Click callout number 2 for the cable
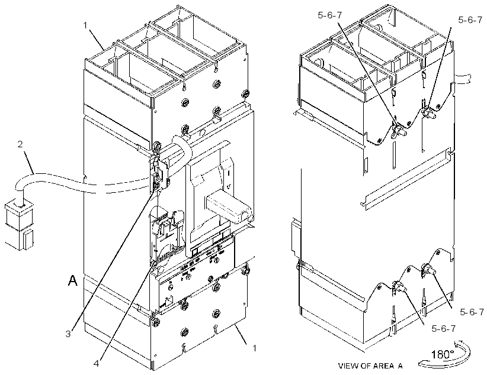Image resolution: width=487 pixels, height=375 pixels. pyautogui.click(x=20, y=144)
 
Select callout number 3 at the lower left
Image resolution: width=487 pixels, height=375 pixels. pyautogui.click(x=68, y=334)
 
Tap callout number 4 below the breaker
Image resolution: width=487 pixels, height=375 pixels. pyautogui.click(x=97, y=363)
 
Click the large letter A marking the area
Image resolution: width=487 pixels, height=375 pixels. pyautogui.click(x=73, y=281)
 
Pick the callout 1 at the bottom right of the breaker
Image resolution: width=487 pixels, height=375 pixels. pyautogui.click(x=254, y=348)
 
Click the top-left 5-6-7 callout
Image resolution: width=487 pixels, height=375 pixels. pyautogui.click(x=330, y=15)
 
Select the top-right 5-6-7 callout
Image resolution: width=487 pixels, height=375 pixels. pyautogui.click(x=470, y=20)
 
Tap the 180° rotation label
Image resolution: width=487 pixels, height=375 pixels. pyautogui.click(x=443, y=354)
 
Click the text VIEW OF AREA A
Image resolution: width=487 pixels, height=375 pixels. pyautogui.click(x=370, y=366)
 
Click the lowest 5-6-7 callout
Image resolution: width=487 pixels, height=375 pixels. pyautogui.click(x=444, y=328)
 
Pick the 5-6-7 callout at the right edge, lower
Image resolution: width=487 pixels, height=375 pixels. pyautogui.click(x=472, y=312)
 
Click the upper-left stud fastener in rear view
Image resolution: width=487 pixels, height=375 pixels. pyautogui.click(x=399, y=130)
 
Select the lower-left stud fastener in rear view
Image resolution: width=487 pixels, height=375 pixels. pyautogui.click(x=399, y=287)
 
